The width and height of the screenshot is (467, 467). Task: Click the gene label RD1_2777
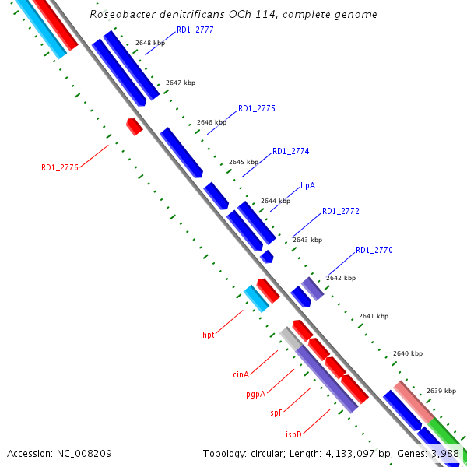coord(195,30)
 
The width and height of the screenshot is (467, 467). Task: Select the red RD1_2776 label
coord(60,167)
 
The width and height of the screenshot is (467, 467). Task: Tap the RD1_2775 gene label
coord(257,108)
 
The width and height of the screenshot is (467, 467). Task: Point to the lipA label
coord(308,186)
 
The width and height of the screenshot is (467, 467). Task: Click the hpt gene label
coord(209,335)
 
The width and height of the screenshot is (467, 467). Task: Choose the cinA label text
coord(241,374)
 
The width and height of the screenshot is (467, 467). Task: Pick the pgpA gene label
coord(256,394)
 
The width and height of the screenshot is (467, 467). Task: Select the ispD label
coord(293,434)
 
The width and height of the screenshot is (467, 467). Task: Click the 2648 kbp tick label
coord(150,43)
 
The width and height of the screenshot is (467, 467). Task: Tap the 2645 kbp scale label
coord(243,162)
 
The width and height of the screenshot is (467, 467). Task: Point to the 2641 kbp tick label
coord(373,316)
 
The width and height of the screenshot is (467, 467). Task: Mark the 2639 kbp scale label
coord(441,391)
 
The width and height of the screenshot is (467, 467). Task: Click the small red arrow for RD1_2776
coord(134,126)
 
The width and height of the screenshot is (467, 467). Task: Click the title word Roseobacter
coord(122,14)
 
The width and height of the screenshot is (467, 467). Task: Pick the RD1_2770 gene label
coord(374,250)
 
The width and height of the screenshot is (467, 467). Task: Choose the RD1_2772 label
coord(341,211)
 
